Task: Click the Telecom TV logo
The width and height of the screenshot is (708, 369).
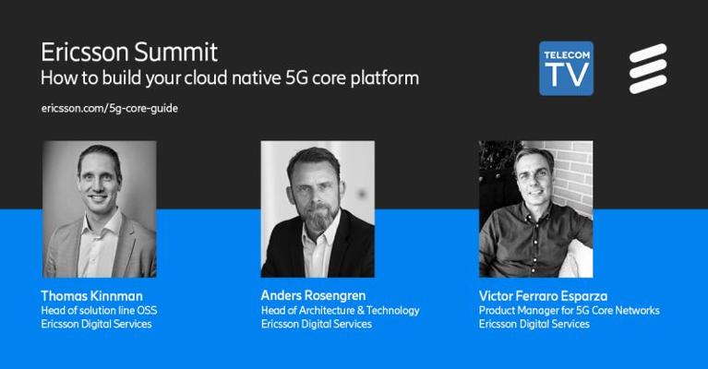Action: click(x=566, y=68)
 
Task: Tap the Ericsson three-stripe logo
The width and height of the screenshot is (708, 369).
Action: click(x=648, y=68)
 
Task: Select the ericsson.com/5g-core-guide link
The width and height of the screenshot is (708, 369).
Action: click(x=109, y=108)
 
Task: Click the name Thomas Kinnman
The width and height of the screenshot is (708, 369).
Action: click(x=91, y=296)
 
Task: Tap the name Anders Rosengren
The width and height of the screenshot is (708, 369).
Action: click(x=313, y=295)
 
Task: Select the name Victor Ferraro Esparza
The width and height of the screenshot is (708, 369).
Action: click(x=543, y=296)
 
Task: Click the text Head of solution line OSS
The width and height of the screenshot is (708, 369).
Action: click(x=99, y=310)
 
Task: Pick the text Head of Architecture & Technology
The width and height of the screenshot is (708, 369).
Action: click(x=340, y=310)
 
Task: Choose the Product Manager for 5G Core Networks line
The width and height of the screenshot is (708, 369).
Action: click(x=570, y=310)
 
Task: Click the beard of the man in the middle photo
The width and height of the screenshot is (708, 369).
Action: click(x=319, y=218)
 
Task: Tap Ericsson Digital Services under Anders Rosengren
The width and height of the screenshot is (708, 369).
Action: click(x=317, y=324)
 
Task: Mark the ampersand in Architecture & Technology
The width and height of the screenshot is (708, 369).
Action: click(x=360, y=310)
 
